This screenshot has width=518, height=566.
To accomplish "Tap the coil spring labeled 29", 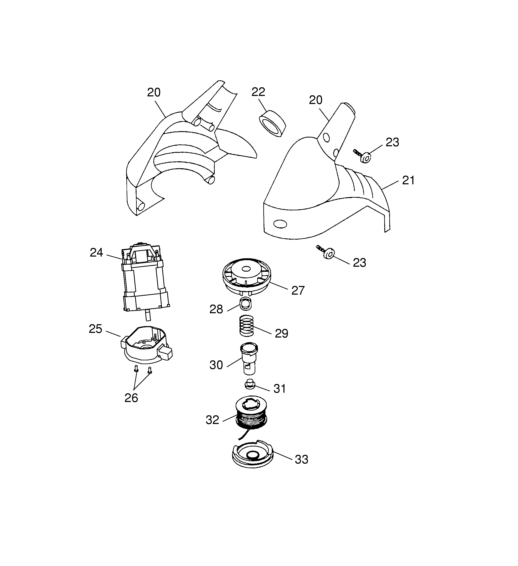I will click(246, 325).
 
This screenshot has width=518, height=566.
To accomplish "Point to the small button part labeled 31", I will click(250, 384).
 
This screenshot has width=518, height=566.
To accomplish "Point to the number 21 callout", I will click(408, 180).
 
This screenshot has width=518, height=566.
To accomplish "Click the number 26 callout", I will click(131, 398).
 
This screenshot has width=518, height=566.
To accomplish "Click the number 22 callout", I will click(258, 92).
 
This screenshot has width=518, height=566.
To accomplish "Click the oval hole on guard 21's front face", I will click(280, 224).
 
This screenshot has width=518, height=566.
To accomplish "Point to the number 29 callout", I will click(281, 333).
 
